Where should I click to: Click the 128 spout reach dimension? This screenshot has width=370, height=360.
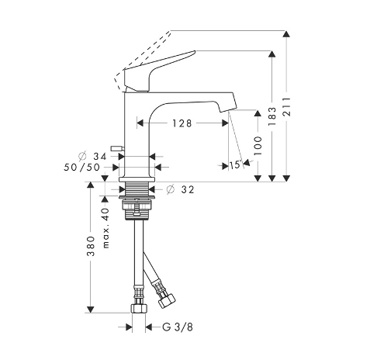point(182,123)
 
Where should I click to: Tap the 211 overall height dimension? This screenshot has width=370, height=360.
point(286,107)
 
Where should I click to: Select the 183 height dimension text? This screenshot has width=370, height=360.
point(271,116)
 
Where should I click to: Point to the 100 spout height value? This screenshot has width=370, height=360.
point(258,146)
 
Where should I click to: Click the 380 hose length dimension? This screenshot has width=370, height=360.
point(91,246)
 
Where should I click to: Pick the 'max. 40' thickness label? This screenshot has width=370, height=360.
point(106,228)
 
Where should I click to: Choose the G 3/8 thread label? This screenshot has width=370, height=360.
point(178,327)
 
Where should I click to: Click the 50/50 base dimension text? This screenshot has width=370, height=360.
point(81,168)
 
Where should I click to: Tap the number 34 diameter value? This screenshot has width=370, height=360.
point(100,157)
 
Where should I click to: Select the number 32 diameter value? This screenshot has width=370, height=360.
point(188,189)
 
